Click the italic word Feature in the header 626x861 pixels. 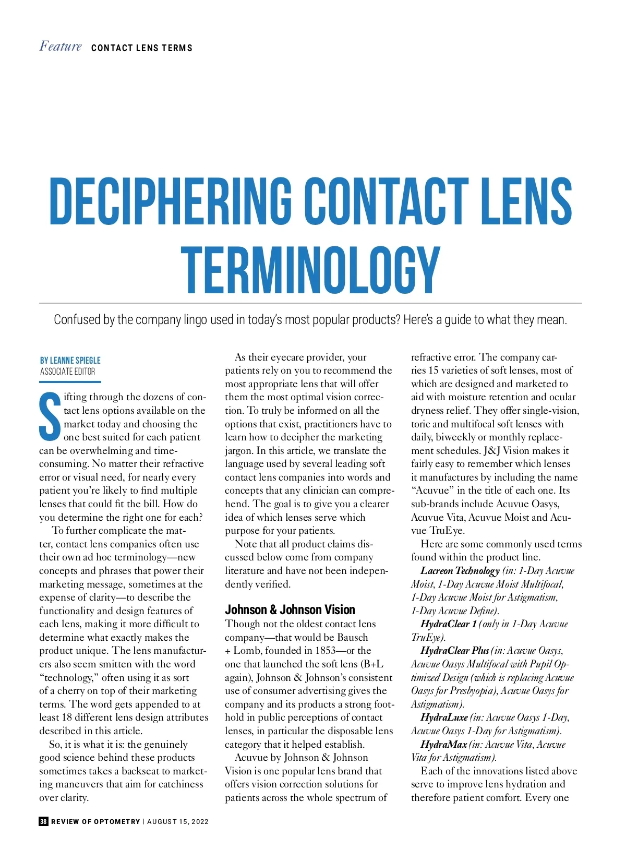(61, 46)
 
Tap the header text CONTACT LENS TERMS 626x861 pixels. (141, 48)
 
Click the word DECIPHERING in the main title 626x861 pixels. (170, 201)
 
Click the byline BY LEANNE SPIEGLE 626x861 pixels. (70, 361)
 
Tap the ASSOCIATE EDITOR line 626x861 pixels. (67, 372)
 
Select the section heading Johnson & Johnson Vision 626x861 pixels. (290, 609)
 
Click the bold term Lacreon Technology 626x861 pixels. (460, 571)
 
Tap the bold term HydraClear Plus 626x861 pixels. (454, 651)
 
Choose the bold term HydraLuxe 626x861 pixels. (443, 717)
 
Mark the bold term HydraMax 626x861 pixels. (443, 745)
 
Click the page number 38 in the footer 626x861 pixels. (43, 821)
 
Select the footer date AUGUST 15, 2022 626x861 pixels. (177, 821)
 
